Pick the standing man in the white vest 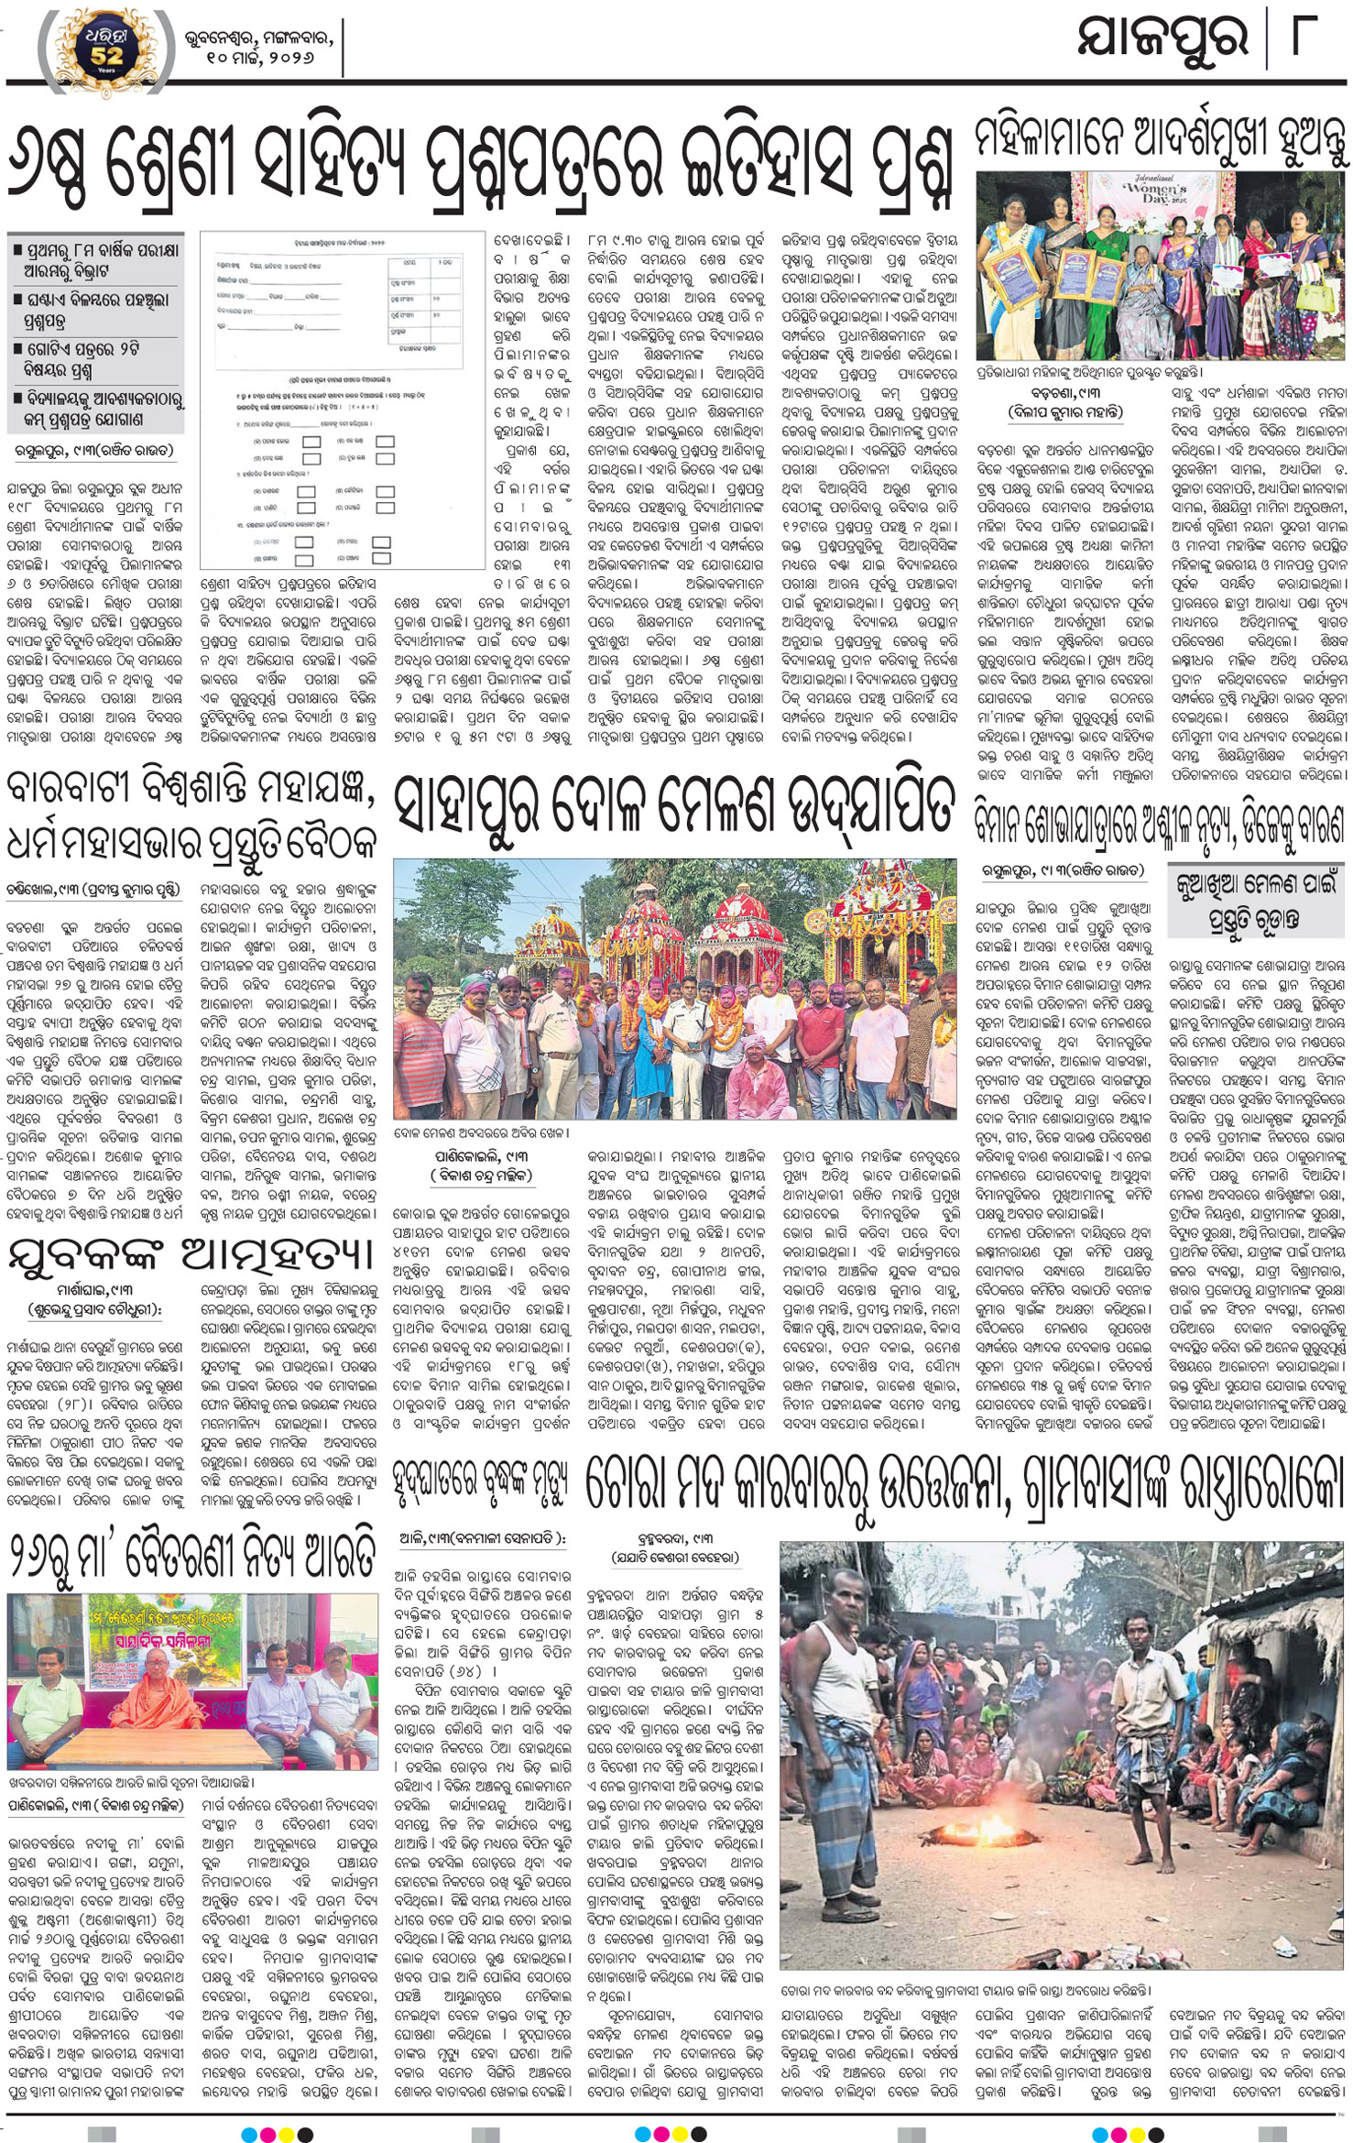[840, 1722]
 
